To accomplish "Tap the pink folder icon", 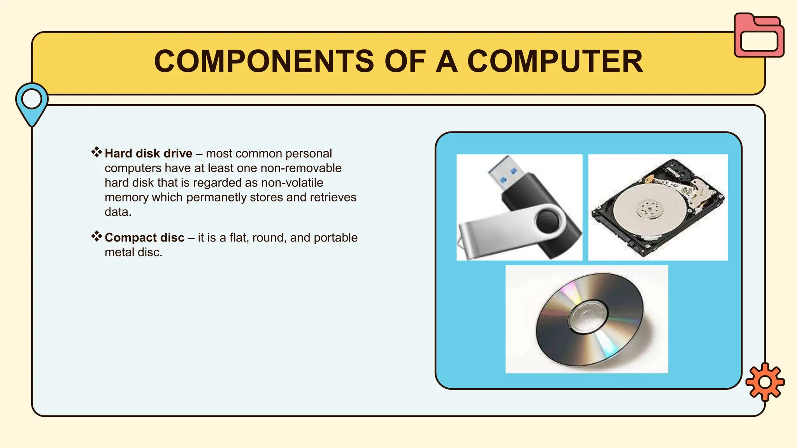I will pos(758,36).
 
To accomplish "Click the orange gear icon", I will pos(765,382).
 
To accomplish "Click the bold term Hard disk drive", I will pos(148,154).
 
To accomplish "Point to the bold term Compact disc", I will pos(144,238).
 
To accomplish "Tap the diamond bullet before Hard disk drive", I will pos(97,152).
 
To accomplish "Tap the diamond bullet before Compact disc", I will pos(97,236).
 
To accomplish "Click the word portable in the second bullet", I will pos(335,238).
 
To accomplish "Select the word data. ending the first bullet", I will pos(118,212).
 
